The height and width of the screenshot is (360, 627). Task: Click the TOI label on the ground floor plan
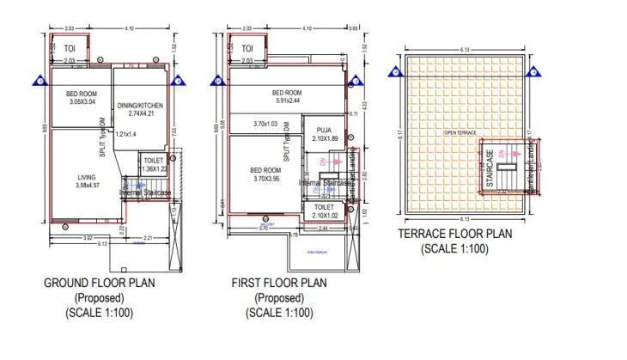tap(68, 49)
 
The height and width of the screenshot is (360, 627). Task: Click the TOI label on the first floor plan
tap(247, 49)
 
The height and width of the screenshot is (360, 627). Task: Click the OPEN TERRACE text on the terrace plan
tap(460, 133)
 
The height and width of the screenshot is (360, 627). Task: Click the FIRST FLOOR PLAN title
tap(279, 283)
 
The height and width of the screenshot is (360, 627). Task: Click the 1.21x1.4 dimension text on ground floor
tap(126, 134)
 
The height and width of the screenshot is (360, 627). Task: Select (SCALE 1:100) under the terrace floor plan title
tap(454, 249)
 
